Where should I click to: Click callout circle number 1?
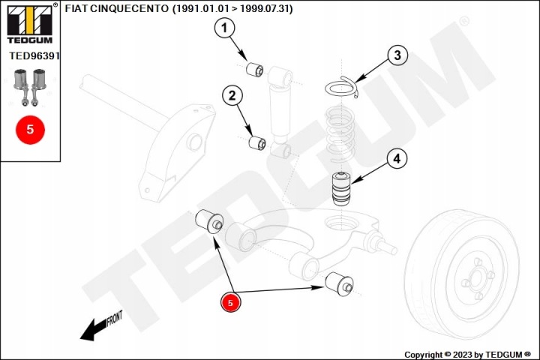(224, 28)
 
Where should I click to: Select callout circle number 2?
(232, 95)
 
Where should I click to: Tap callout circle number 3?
(397, 55)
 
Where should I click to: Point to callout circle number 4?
(397, 159)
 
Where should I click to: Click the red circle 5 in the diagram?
(230, 302)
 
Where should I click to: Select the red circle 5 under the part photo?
(30, 130)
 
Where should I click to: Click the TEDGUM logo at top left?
(30, 24)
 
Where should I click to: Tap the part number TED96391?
(34, 55)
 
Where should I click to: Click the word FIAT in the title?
(76, 8)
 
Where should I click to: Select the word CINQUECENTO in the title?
(130, 8)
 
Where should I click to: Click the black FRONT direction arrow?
(101, 325)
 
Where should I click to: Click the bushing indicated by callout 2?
(257, 142)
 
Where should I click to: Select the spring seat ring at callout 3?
(342, 87)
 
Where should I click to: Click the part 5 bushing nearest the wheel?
(339, 283)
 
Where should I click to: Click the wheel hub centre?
(476, 277)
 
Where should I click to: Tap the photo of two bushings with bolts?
(30, 88)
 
